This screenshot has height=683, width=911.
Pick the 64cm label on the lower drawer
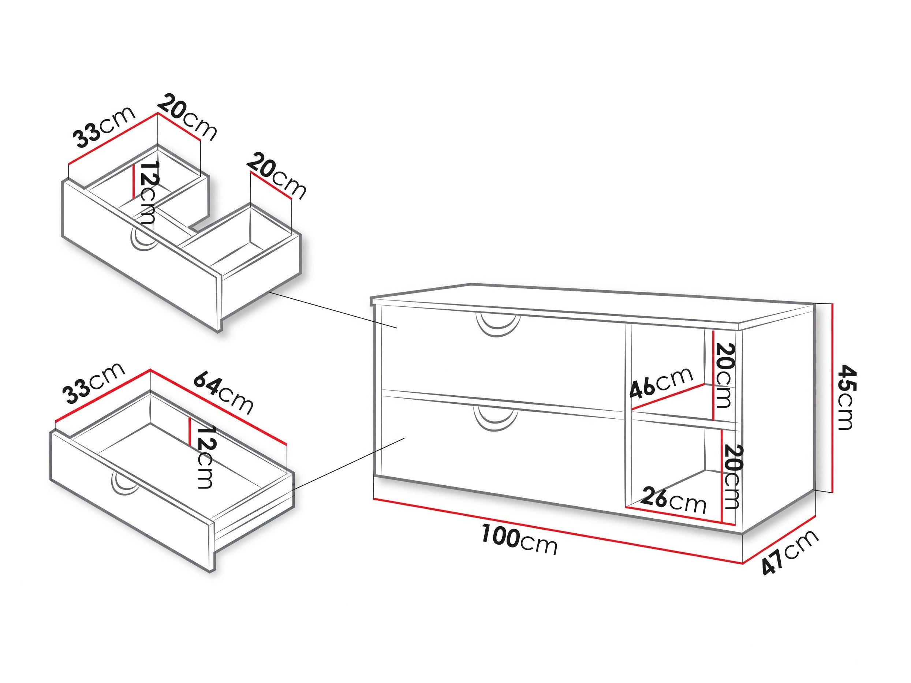pos(223,392)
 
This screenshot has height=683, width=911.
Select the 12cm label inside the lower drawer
pos(205,457)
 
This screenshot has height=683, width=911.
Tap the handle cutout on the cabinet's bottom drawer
pos(496,419)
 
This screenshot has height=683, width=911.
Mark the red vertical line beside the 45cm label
pos(833,398)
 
